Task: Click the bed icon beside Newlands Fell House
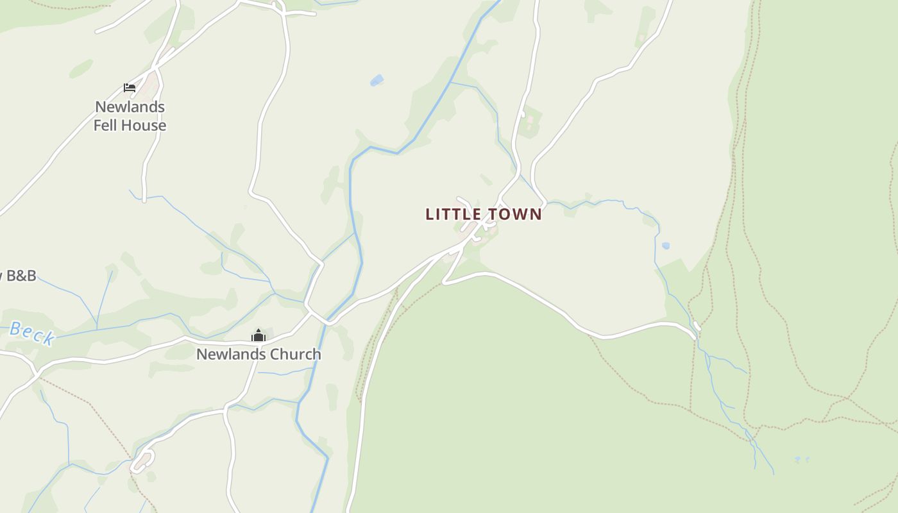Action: tap(130, 88)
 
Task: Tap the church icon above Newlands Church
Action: tap(258, 335)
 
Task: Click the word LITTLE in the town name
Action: tap(454, 214)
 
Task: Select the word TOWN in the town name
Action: tap(516, 214)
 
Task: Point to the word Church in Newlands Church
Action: tap(296, 354)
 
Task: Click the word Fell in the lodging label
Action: tap(106, 125)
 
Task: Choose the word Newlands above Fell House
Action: tap(130, 106)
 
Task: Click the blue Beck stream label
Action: tap(31, 333)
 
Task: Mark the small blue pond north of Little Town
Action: tap(377, 80)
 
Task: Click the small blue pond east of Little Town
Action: tap(666, 246)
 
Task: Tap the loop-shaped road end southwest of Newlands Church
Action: tap(143, 461)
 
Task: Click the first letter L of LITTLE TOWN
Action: tap(430, 214)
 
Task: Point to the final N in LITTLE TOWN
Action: tap(536, 214)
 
